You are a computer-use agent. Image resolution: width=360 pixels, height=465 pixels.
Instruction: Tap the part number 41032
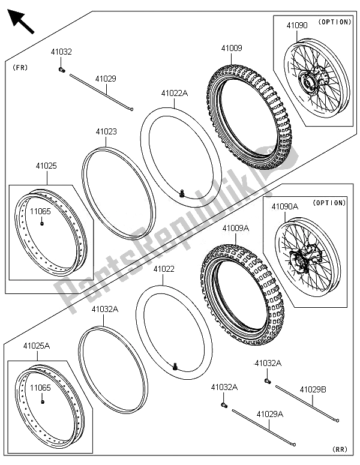[x=62, y=52]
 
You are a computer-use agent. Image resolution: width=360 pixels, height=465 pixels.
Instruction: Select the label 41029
[x=104, y=79]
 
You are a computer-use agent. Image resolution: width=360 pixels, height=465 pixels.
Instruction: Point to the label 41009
[x=232, y=47]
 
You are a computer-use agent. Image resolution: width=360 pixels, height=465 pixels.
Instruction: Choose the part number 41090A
[x=284, y=206]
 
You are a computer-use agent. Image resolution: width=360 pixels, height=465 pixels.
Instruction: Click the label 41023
[x=106, y=131]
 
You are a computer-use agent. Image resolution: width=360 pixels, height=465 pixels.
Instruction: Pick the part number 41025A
[x=37, y=346]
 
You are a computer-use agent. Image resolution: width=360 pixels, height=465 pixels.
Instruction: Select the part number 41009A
[x=235, y=228]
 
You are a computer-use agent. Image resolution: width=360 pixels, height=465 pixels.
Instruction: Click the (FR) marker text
[x=20, y=68]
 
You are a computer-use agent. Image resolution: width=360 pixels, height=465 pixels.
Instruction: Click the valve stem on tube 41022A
[x=181, y=193]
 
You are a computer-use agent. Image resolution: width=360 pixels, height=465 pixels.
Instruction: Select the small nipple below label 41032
[x=62, y=70]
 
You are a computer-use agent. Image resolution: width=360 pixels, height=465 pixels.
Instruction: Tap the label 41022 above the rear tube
[x=163, y=270]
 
